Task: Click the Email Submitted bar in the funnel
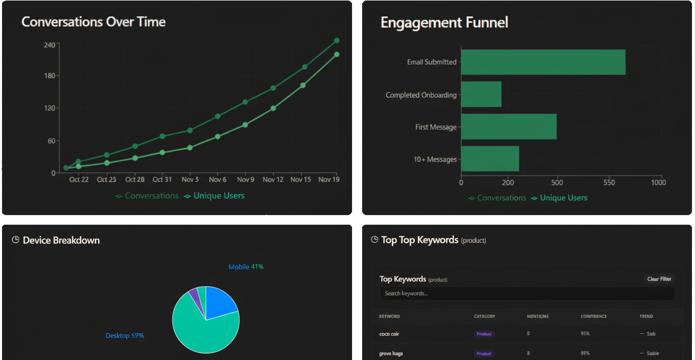(543, 62)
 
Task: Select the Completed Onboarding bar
(481, 94)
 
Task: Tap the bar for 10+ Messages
(490, 159)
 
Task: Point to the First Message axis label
(435, 127)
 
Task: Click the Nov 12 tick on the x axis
(273, 180)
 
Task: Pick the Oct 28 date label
(135, 180)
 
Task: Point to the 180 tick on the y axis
(49, 76)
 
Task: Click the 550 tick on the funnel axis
(609, 183)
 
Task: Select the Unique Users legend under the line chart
(214, 196)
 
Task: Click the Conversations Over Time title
(93, 22)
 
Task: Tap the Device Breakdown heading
(61, 240)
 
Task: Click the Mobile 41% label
(246, 267)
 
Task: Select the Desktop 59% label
(125, 336)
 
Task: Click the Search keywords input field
(527, 293)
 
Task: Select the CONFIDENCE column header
(593, 317)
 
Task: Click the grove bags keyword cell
(391, 353)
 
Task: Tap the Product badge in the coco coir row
(484, 334)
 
